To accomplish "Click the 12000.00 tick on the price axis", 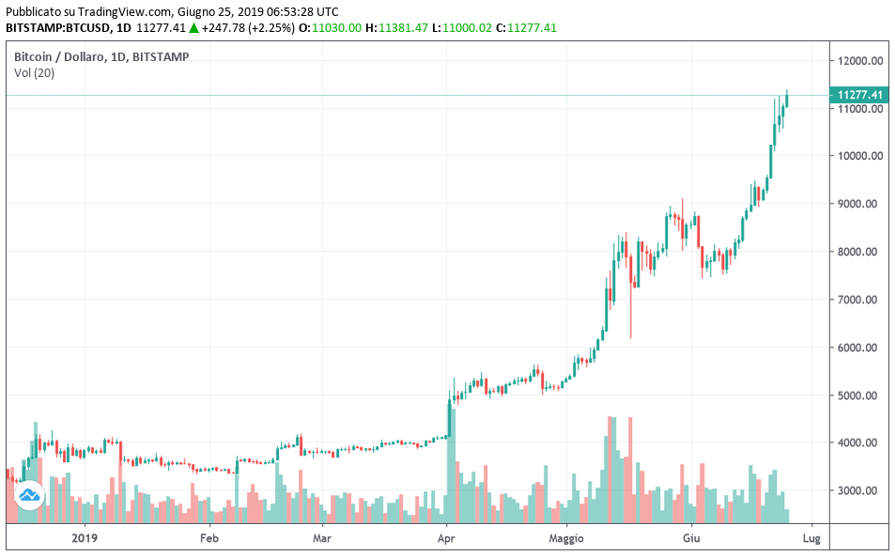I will pos(862,61).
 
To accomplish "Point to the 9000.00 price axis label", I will pos(862,204).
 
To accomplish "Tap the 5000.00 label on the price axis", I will pos(862,395).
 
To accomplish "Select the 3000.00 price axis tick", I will pos(862,491).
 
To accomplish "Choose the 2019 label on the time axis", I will pos(85,538).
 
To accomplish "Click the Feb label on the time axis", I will pos(208,538).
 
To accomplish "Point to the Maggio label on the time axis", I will pos(566,538).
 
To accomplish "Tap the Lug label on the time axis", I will pos(812,538).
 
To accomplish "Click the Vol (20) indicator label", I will pos(34,73).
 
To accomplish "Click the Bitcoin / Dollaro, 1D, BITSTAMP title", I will pos(101,56).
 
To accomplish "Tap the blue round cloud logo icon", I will pos(30,494).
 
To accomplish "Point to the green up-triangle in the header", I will pos(193,28).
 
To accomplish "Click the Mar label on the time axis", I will pos(322,538).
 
